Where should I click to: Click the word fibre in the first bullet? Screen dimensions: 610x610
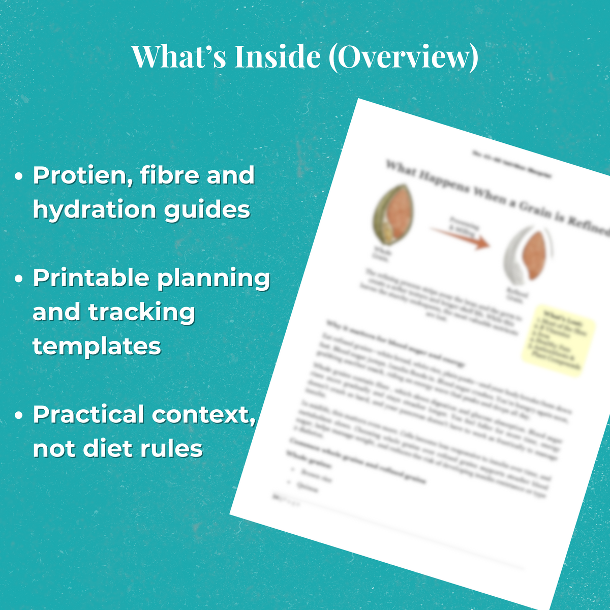point(169,175)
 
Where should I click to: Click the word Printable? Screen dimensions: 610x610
point(91,278)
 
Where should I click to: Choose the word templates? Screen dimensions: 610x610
point(97,346)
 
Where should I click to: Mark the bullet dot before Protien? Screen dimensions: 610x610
point(19,177)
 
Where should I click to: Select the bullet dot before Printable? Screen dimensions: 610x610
point(19,280)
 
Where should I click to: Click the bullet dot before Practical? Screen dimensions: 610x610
point(19,416)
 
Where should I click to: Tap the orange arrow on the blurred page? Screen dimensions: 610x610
point(460,237)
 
